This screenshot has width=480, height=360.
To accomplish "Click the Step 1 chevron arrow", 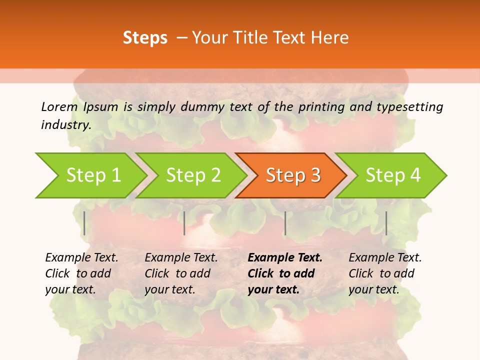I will point(93,175).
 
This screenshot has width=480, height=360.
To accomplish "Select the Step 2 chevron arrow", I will point(193,175).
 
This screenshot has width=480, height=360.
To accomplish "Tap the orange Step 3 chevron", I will point(293,175).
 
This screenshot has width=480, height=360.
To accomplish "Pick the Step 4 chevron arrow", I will point(393,175).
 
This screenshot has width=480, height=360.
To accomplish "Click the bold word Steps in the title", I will point(145,37).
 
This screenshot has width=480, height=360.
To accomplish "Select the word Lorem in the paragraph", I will point(59,106).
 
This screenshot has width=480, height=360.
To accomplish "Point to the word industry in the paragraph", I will point(66,125).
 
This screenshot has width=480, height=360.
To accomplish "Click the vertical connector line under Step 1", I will point(84,223).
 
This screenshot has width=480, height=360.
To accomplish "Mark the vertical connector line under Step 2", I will point(184,223).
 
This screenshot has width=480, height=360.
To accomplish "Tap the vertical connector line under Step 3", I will point(285,223).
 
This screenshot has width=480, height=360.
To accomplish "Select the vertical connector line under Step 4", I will point(386,223).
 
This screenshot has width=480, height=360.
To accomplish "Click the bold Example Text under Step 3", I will point(285,258).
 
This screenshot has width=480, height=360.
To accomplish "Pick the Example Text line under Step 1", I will point(81,258).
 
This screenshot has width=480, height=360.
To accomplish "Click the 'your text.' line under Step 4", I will point(374,289).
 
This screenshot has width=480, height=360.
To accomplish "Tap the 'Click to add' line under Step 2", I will point(177,273).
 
